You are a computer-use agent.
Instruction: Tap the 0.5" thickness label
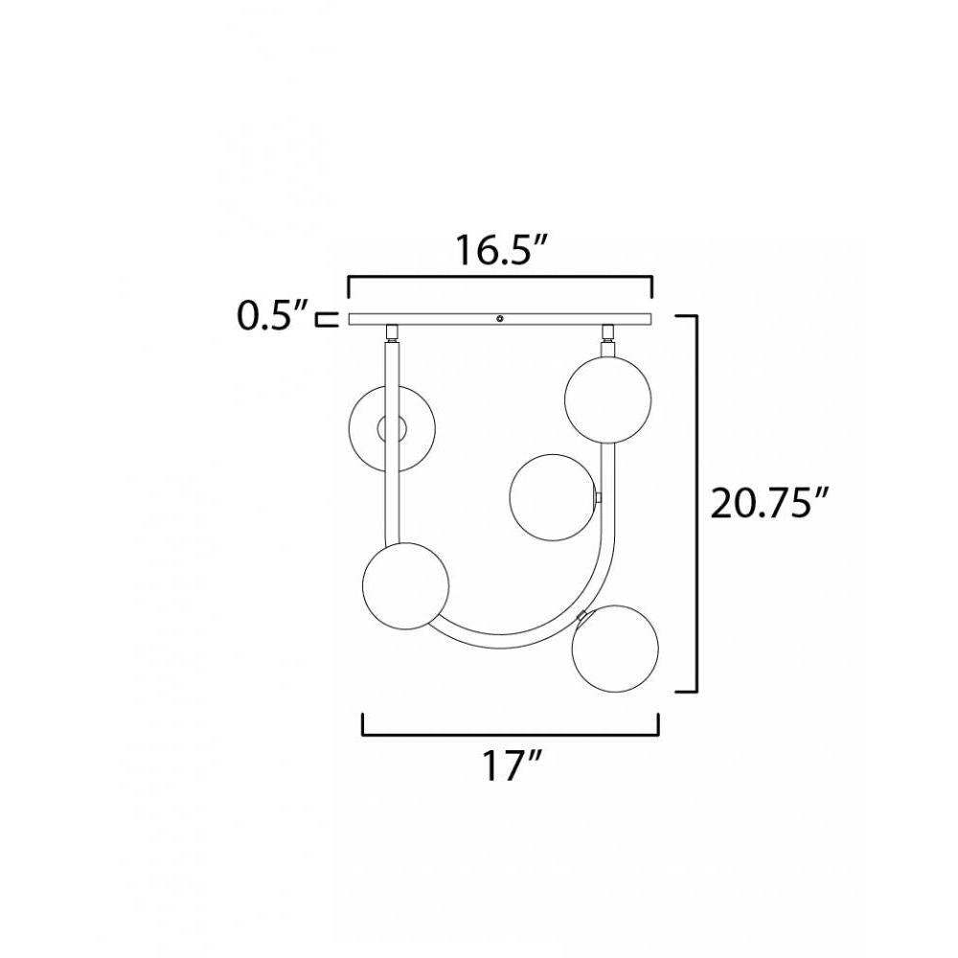point(273,315)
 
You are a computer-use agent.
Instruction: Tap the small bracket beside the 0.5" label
point(330,318)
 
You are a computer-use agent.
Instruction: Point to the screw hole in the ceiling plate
point(499,318)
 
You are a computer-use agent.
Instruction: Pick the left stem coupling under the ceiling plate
point(391,333)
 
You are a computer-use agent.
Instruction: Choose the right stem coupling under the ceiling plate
point(607,333)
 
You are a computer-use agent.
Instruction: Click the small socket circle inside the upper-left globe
point(393,428)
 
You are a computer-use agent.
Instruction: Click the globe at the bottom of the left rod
point(406,585)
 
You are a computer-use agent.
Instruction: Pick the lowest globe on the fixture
point(614,646)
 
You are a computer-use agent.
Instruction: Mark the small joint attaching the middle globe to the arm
point(598,498)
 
